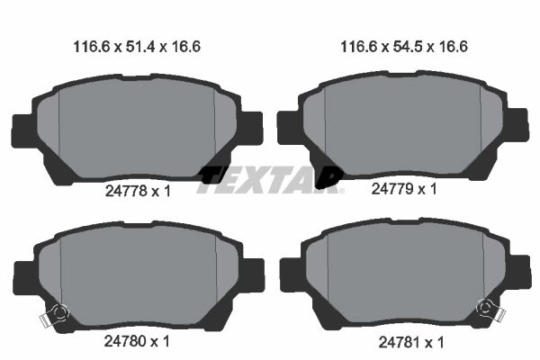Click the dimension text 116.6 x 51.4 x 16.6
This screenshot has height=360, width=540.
(137, 47)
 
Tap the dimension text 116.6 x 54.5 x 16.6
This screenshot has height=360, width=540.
(404, 47)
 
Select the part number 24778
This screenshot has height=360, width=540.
(126, 191)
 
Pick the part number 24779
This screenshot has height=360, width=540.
(392, 189)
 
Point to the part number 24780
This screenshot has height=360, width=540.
(126, 341)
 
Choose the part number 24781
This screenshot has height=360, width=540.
(400, 342)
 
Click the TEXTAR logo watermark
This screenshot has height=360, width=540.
(270, 180)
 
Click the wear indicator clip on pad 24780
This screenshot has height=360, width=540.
(55, 314)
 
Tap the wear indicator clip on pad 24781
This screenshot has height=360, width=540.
(490, 309)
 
